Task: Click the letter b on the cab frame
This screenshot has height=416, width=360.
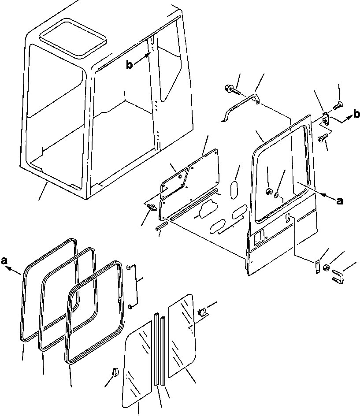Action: pos(130,65)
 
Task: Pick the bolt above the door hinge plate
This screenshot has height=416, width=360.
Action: pos(339,105)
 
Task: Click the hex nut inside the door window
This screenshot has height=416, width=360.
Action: pos(267,191)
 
